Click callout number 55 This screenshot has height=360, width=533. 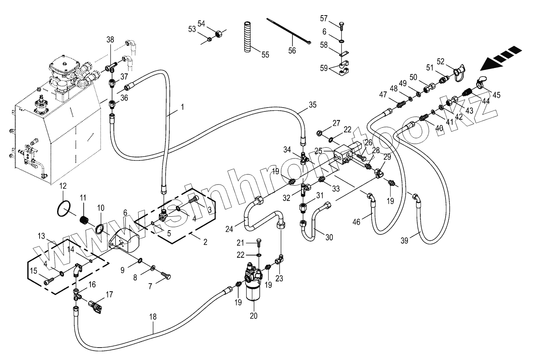(265, 55)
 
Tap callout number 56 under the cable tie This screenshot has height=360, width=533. (292, 50)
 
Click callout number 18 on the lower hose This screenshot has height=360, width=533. (153, 317)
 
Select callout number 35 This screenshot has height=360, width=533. (313, 104)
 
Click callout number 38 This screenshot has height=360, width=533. (110, 39)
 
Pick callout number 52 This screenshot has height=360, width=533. (440, 61)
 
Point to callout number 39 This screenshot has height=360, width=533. (404, 241)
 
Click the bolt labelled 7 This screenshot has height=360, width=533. (166, 276)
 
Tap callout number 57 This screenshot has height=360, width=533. (324, 19)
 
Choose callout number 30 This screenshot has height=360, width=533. (329, 238)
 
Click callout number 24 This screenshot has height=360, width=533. (229, 229)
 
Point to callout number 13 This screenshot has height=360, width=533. (42, 237)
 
